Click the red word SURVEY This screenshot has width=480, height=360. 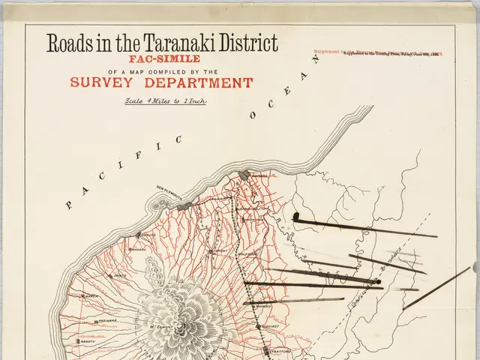[x=107, y=83]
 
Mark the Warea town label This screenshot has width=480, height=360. [x=90, y=296]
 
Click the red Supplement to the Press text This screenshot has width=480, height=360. [x=379, y=55]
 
